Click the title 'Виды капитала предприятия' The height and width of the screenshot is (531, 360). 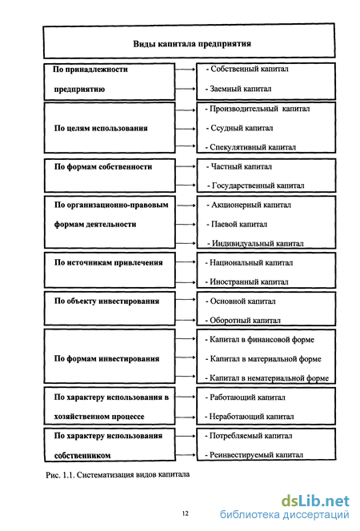click(x=192, y=44)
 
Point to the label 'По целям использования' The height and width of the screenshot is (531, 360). click(x=101, y=128)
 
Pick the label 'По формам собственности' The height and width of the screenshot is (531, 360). click(x=103, y=166)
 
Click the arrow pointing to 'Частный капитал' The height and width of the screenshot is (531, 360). click(x=186, y=166)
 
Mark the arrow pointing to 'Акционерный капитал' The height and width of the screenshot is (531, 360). click(x=186, y=206)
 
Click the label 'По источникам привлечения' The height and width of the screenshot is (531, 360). click(x=108, y=263)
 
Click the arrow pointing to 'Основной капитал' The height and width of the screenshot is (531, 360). click(x=186, y=300)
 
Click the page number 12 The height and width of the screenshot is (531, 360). click(x=186, y=513)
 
